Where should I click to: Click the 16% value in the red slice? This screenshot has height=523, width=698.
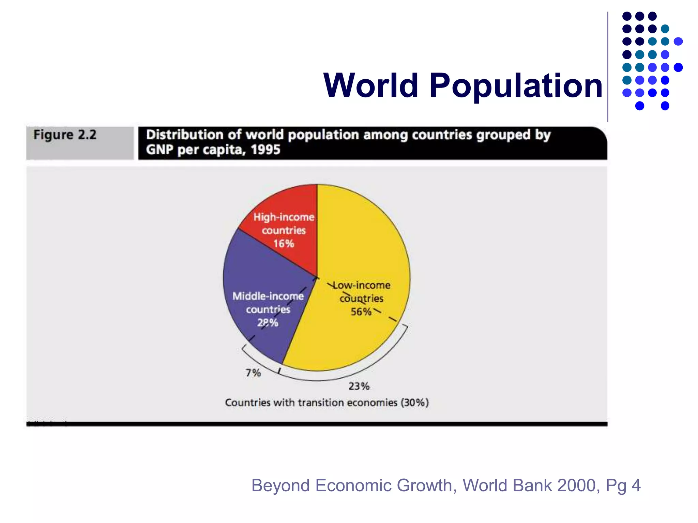(284, 244)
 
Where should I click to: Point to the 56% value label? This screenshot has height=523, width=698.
(361, 312)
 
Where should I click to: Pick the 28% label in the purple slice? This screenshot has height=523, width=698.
(268, 323)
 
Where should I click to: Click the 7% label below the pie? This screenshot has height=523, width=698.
(253, 373)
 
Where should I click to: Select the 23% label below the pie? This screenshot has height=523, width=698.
(359, 386)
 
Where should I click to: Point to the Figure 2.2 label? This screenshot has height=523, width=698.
(65, 135)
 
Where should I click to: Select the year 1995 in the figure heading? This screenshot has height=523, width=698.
(265, 150)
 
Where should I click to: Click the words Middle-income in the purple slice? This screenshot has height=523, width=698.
(268, 296)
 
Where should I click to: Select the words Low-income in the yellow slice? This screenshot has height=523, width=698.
(362, 285)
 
